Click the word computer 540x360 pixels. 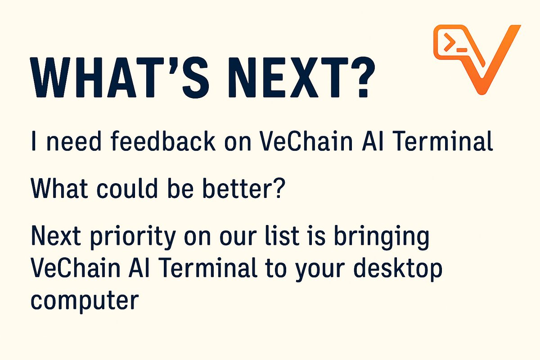click(83, 301)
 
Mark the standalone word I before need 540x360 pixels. click(34, 142)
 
